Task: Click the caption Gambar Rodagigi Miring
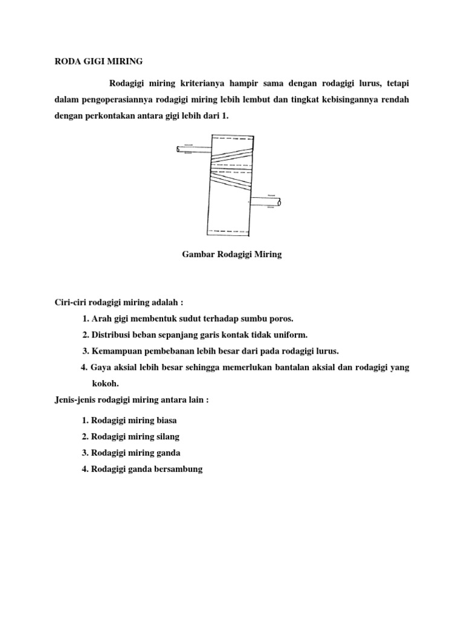(232, 255)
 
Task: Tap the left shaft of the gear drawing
(192, 149)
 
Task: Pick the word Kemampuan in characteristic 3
(118, 351)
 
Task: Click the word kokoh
(105, 383)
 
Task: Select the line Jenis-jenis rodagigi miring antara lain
(132, 400)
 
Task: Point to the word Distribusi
(111, 334)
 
